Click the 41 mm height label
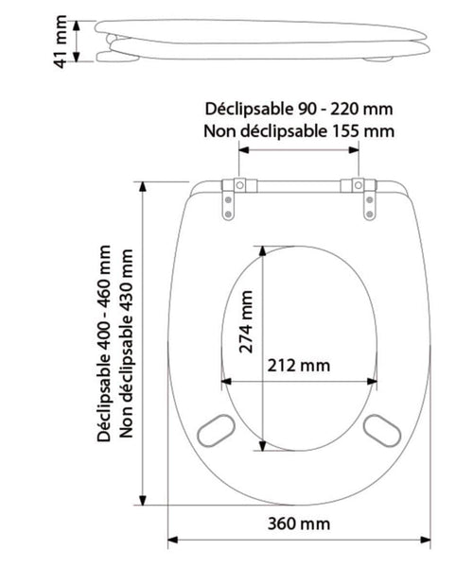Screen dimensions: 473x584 [61, 42]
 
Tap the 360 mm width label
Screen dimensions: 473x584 [299, 524]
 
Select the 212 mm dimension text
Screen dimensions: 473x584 [299, 366]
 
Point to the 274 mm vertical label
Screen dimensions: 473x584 [246, 322]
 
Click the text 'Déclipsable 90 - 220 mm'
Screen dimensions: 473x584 [299, 109]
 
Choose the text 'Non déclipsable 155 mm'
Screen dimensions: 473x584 [299, 131]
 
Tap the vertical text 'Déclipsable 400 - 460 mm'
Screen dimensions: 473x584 [104, 343]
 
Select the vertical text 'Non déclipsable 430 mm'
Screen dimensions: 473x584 [126, 343]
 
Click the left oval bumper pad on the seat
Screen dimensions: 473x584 [216, 430]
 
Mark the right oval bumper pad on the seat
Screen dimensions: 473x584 [382, 430]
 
